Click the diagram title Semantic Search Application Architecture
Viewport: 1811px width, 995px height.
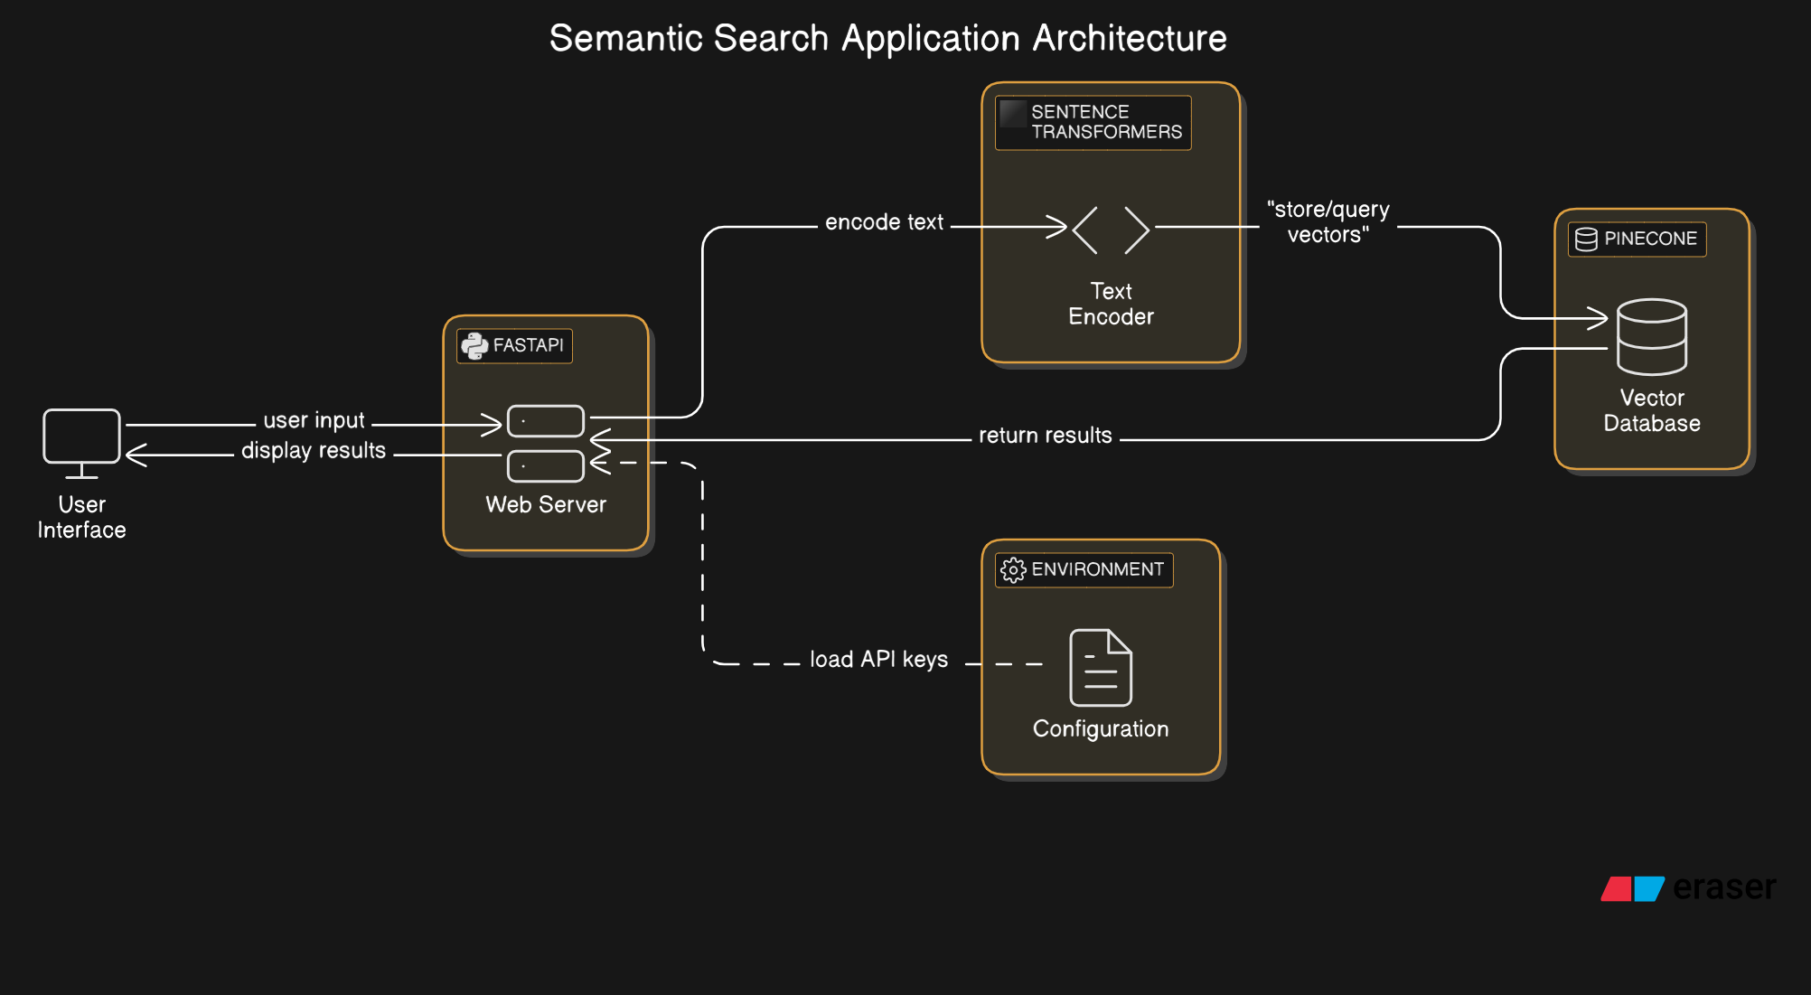click(x=887, y=38)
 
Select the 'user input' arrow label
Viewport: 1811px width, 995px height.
click(x=314, y=420)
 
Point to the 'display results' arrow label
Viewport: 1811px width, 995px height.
click(x=314, y=450)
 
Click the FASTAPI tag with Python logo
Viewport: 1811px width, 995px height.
click(x=514, y=345)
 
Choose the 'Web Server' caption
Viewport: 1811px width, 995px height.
click(x=546, y=504)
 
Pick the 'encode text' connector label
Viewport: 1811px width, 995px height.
click(x=884, y=222)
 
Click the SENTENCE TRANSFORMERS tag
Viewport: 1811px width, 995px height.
click(x=1093, y=122)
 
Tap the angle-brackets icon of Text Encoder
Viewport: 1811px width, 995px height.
click(x=1111, y=230)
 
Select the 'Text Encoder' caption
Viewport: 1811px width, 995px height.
click(x=1111, y=304)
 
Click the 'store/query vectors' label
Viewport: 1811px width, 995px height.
click(x=1328, y=222)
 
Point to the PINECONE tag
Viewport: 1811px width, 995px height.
click(x=1637, y=239)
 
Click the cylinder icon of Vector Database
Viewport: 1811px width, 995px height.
click(x=1651, y=336)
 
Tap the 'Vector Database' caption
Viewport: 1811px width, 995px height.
click(x=1652, y=410)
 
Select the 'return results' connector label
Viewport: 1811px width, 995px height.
click(x=1045, y=436)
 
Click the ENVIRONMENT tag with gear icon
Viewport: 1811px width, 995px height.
click(x=1084, y=569)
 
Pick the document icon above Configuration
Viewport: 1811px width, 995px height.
click(x=1101, y=668)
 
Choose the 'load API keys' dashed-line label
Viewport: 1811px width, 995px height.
click(x=878, y=660)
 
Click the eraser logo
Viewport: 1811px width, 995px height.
click(x=1688, y=887)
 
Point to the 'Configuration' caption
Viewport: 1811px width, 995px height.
click(x=1101, y=729)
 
